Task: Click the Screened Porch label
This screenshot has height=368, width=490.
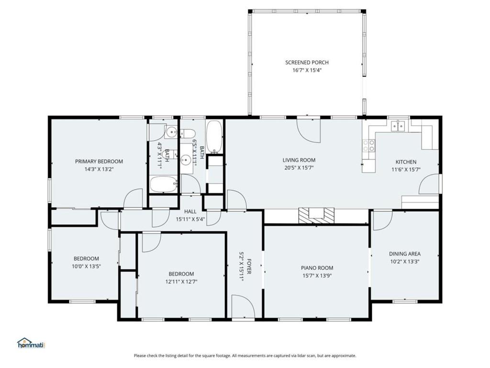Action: click(x=307, y=63)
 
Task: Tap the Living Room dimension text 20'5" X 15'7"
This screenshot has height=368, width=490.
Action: click(x=299, y=168)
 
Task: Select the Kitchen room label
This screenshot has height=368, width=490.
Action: click(x=406, y=162)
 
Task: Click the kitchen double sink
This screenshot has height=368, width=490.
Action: click(x=398, y=126)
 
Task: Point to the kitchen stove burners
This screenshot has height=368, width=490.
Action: click(x=369, y=146)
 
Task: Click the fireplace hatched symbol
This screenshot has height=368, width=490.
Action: click(x=317, y=216)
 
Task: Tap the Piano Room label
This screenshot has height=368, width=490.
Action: click(x=317, y=268)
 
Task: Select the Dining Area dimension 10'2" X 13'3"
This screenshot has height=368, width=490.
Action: click(x=405, y=262)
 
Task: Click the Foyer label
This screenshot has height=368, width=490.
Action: click(x=249, y=266)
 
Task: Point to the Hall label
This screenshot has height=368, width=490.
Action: click(x=190, y=211)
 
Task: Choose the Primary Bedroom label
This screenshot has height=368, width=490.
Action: click(x=99, y=161)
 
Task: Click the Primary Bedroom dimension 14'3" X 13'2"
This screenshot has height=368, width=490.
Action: click(x=99, y=169)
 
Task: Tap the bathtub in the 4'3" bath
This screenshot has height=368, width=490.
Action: click(x=164, y=184)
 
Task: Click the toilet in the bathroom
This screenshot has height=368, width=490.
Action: click(x=188, y=133)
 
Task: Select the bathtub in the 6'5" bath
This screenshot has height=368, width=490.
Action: click(x=214, y=137)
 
